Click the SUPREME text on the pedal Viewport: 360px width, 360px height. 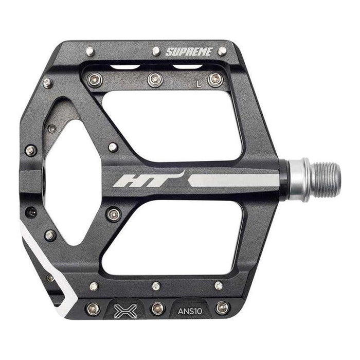[189, 52]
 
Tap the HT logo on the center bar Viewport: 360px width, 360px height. [149, 179]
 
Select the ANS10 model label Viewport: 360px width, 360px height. [190, 311]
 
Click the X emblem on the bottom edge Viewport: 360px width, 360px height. [125, 311]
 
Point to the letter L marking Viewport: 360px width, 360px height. [199, 84]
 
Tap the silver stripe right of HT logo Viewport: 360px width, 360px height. [233, 180]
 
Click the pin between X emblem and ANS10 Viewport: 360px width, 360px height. [158, 309]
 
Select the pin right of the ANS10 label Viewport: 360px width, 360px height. [223, 308]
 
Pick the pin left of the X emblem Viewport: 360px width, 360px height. [93, 309]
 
